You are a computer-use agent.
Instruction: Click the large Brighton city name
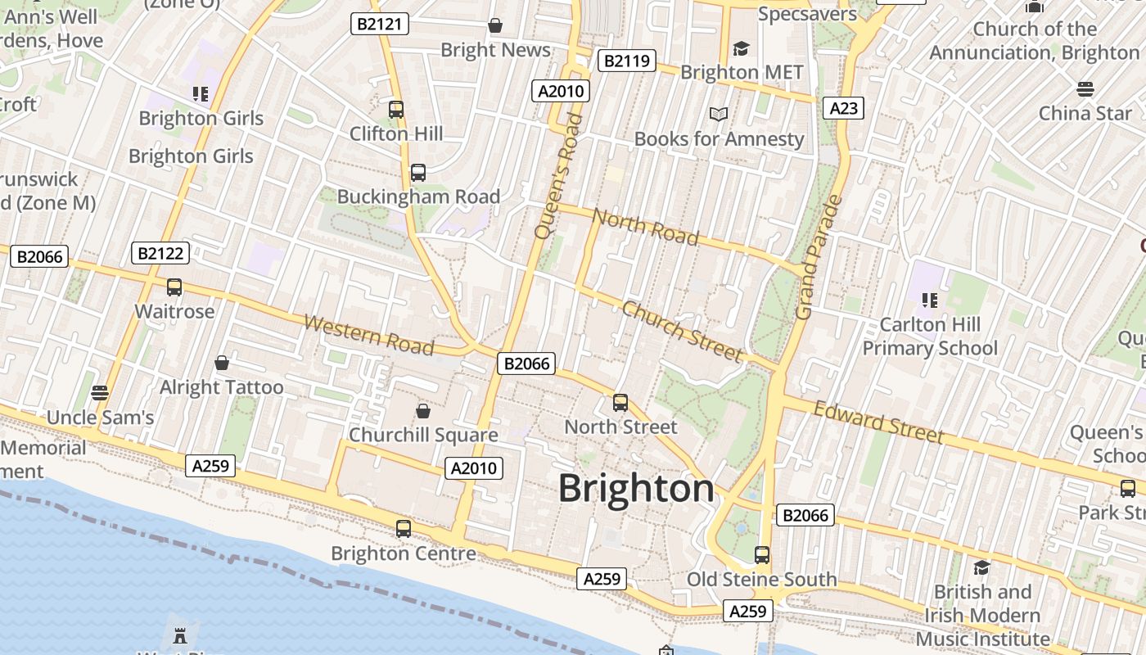coord(636,489)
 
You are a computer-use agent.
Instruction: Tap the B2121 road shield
coord(380,24)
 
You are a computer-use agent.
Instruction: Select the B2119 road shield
coord(627,61)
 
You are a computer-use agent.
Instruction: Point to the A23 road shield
coord(843,108)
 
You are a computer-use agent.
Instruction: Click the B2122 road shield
coord(160,253)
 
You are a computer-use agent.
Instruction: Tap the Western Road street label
coord(368,335)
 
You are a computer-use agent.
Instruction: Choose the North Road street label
coord(645,227)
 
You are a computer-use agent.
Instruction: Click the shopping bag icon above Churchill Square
coord(423,410)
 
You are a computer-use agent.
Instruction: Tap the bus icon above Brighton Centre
coord(404,529)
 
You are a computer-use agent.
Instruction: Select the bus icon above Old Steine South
coord(762,555)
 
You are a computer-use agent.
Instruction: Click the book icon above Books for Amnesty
coord(719,115)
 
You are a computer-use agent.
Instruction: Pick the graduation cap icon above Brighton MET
coord(742,48)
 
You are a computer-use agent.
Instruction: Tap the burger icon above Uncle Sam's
coord(100,393)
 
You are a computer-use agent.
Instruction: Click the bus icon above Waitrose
coord(174,287)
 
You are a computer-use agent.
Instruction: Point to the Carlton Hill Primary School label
coord(930,337)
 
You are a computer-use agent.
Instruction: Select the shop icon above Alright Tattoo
coord(221,363)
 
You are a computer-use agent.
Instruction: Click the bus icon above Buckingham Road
coord(418,173)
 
